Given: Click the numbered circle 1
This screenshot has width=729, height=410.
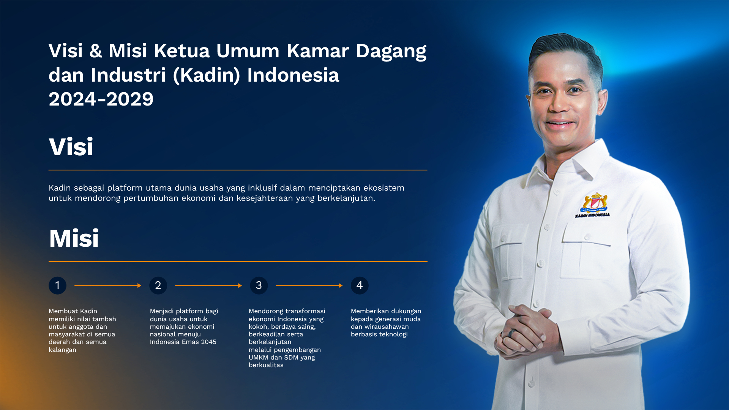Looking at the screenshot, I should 57,285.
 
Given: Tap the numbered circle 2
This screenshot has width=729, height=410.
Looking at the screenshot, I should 158,285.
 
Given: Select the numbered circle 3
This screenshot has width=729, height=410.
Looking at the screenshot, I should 259,285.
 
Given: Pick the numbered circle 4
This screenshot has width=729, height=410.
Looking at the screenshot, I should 360,285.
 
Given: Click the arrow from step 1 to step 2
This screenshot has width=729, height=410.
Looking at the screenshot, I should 108,285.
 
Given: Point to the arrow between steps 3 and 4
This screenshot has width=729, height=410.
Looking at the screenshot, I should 309,285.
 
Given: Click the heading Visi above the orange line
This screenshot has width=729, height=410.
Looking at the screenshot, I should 71,147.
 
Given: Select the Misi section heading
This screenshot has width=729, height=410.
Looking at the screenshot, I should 74,239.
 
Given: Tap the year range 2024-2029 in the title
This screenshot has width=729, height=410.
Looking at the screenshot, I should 101,99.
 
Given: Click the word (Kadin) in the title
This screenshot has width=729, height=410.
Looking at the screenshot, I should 207,75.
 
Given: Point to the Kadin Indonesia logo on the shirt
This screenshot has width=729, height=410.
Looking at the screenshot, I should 593,205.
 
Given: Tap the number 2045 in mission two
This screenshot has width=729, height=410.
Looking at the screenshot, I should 208,342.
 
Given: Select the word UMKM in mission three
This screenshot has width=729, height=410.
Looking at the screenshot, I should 258,358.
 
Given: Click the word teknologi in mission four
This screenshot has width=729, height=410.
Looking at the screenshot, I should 393,334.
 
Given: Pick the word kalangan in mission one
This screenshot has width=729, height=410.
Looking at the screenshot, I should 62,350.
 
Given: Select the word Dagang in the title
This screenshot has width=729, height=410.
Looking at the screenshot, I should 391,51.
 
